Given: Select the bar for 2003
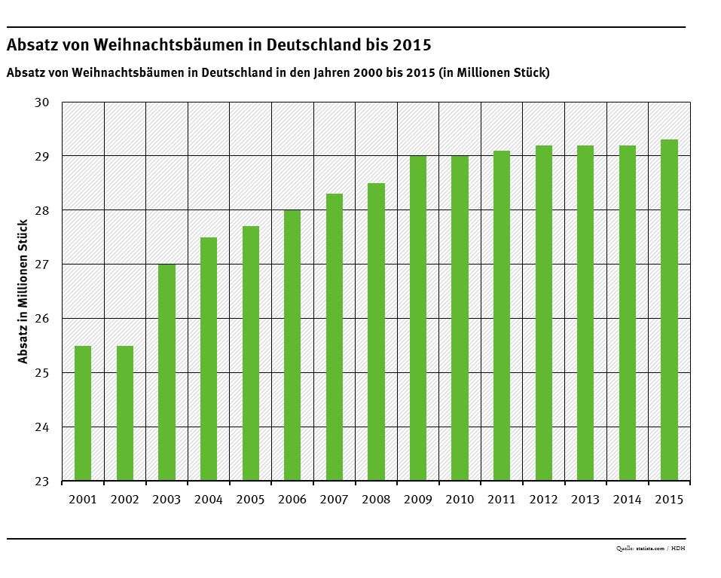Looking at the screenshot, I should pos(167,372).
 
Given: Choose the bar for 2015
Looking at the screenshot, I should pos(669,310).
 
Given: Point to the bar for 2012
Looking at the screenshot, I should pos(543,313).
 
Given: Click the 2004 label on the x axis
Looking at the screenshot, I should pos(208,500).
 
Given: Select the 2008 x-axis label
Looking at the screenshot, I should pos(375,500).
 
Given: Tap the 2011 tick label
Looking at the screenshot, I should pos(501,500).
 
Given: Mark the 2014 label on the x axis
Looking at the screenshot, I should pos(627,500).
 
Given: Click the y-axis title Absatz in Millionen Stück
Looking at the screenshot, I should pos(23,291).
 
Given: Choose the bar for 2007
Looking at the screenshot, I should pos(334,337).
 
